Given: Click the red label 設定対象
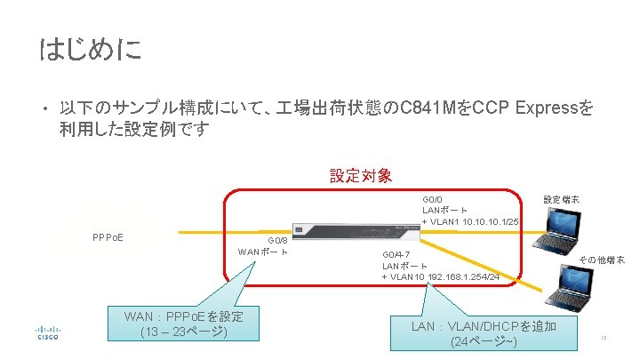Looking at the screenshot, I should [x=361, y=176].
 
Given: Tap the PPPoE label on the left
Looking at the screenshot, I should [x=108, y=237].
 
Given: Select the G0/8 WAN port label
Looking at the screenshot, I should [x=263, y=245].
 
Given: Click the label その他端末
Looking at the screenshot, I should [x=602, y=260].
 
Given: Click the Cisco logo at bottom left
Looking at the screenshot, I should [x=47, y=332].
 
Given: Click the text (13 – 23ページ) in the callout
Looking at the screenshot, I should [x=184, y=332].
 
